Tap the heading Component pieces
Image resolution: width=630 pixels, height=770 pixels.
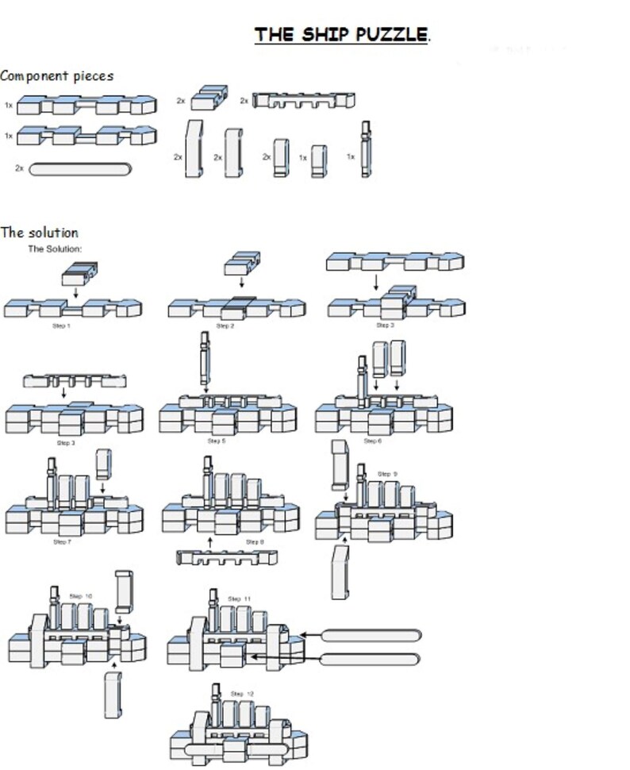[56, 76]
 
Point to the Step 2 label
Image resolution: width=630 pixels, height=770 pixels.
[225, 325]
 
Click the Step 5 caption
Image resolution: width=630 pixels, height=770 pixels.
[216, 441]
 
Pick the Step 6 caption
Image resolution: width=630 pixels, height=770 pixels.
[371, 441]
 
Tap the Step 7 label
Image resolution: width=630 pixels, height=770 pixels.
[61, 541]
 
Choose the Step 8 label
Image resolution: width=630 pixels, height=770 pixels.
[255, 541]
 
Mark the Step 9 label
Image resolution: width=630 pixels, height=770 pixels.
[388, 474]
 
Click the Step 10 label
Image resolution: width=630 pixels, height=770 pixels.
[81, 595]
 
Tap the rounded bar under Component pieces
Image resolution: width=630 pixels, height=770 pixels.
[80, 169]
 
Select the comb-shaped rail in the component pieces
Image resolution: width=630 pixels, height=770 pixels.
[303, 101]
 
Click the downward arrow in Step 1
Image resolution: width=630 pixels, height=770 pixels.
[74, 291]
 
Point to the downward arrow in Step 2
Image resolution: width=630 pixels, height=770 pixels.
[238, 283]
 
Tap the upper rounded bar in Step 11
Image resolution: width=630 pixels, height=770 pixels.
[371, 635]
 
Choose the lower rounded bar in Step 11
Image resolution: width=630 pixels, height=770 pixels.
[371, 659]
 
